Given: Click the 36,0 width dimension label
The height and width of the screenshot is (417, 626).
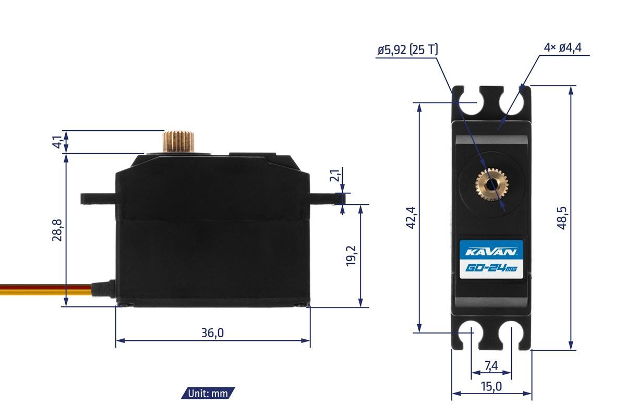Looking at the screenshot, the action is coord(212,333).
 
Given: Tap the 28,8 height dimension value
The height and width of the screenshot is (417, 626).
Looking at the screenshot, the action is coord(57,230).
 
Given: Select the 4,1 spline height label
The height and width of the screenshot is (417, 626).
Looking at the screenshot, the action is coord(57,142).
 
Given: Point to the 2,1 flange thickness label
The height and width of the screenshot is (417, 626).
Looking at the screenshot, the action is coord(335,176).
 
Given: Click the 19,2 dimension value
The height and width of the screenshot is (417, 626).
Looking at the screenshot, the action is coord(351,256).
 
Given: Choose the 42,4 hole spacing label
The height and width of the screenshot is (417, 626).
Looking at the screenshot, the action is coord(411,218).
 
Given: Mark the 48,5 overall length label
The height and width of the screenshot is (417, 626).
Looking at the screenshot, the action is coord(562,218).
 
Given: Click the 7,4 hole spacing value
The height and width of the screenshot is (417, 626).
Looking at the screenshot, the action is coord(491,365).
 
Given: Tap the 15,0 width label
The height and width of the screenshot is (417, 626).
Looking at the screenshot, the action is coord(491,387).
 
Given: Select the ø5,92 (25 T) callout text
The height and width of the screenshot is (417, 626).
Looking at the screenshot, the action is coord(408,50).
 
